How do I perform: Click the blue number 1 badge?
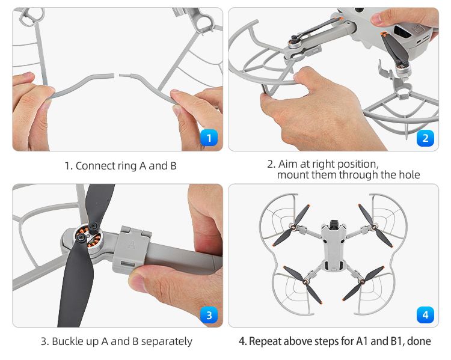click(209, 138)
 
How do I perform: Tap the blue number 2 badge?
click(425, 138)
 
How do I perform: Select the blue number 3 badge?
click(209, 315)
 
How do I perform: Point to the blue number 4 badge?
click(425, 315)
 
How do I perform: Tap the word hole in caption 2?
click(410, 175)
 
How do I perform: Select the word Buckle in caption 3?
click(68, 341)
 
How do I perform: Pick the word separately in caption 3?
click(167, 342)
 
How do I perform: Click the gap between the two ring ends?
click(117, 76)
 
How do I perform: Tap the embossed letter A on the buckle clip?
click(132, 245)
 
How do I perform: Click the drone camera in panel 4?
click(334, 224)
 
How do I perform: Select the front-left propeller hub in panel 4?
click(294, 227)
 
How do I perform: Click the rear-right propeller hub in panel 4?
click(363, 281)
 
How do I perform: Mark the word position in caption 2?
click(357, 165)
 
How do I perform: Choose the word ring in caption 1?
click(123, 166)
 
